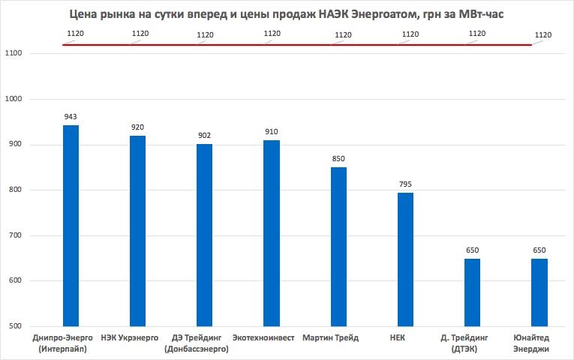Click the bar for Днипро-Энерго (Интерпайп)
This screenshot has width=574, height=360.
point(71,225)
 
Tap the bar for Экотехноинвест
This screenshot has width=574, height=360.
point(272,233)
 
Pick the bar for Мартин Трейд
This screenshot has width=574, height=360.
point(338,247)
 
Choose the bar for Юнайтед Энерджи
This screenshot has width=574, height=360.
point(539,292)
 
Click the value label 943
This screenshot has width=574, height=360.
point(71,117)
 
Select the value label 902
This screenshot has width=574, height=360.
point(204,136)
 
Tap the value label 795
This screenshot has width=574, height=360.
point(405,184)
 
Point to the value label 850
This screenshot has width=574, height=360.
point(338,159)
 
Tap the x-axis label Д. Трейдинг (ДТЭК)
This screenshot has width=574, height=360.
point(471,343)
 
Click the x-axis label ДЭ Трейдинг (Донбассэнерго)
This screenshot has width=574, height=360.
point(204,343)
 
